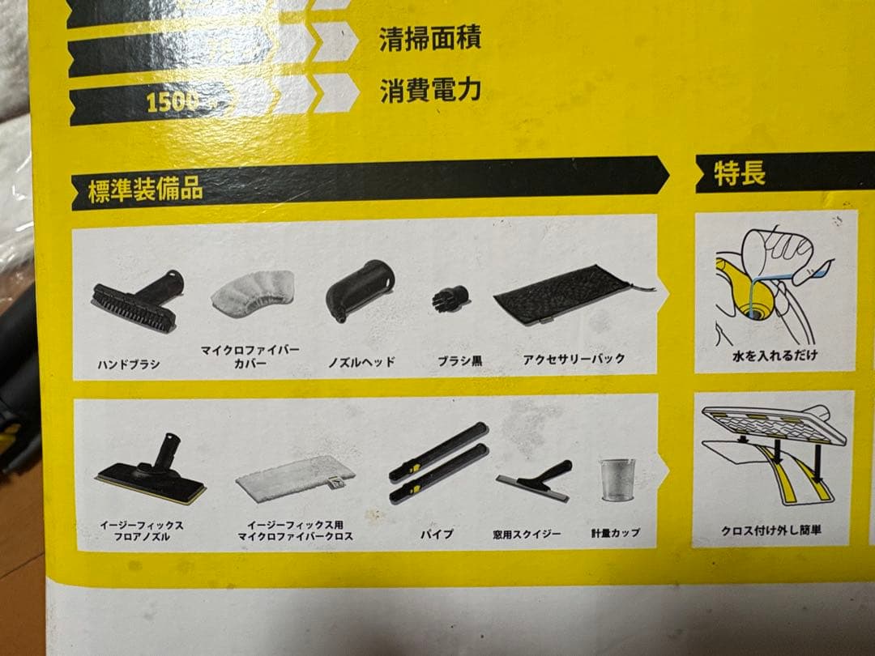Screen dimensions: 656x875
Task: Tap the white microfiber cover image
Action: (x=251, y=292)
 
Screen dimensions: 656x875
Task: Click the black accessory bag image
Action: (x=564, y=296)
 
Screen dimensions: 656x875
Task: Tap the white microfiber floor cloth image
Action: (x=296, y=478)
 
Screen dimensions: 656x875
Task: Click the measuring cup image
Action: (x=617, y=479)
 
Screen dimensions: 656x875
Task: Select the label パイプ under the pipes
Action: (x=437, y=535)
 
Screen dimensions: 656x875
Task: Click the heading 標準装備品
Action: (x=146, y=191)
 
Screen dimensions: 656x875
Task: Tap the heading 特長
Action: (x=739, y=173)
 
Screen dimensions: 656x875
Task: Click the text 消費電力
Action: (x=430, y=90)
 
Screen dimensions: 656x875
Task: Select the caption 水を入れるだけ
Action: (x=775, y=356)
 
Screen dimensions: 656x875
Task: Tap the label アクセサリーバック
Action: (x=574, y=359)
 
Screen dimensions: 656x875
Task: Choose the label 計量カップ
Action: (x=616, y=534)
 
